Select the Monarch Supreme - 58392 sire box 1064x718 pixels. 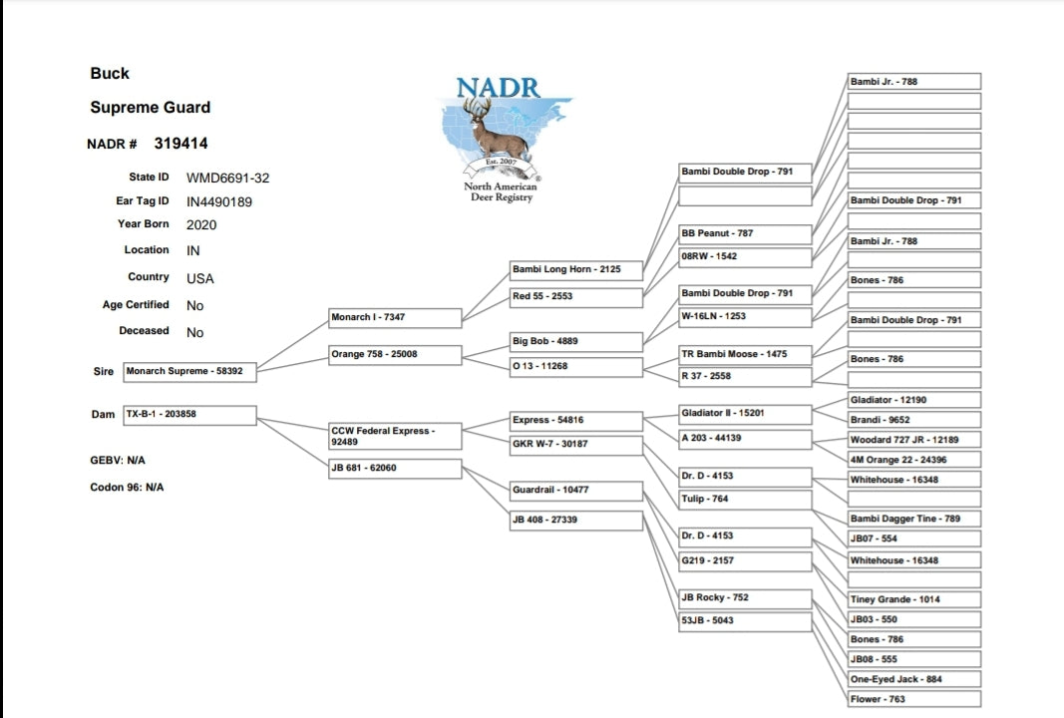pos(189,371)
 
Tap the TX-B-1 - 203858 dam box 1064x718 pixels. pos(189,414)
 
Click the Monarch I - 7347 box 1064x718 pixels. pos(395,317)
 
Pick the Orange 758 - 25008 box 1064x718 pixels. pos(395,354)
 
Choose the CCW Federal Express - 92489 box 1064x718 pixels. pos(395,436)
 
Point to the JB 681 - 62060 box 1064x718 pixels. pos(395,468)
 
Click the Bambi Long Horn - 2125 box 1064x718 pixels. pos(576,269)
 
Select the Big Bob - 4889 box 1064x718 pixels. pos(576,341)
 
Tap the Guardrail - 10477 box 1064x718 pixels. pos(576,490)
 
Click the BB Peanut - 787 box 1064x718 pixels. pos(745,233)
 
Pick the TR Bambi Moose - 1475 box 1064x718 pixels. pos(745,354)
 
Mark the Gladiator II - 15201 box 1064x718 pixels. pos(745,413)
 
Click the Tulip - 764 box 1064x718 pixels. pos(745,499)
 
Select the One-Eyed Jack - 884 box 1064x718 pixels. pos(913,679)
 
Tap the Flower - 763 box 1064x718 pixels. pos(913,699)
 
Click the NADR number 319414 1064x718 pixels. pos(180,144)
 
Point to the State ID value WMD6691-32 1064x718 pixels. pos(227,179)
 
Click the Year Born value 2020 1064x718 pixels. pos(201,225)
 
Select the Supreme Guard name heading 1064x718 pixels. pos(151,108)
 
